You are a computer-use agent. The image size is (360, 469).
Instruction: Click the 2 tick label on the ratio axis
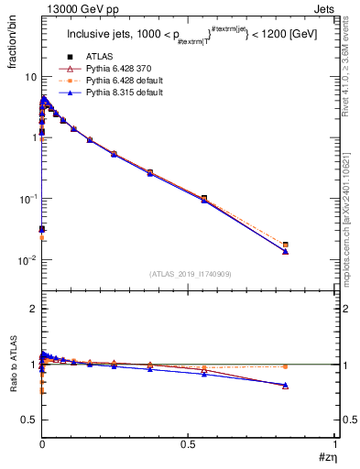pyautogui.click(x=33, y=310)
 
